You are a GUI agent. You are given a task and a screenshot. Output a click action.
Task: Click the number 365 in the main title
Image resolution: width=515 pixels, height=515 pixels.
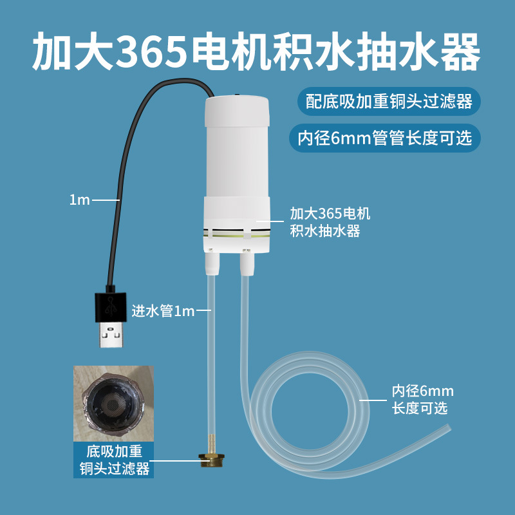(151, 51)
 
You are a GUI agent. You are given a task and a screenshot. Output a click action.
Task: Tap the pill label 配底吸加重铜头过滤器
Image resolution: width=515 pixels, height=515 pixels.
(389, 101)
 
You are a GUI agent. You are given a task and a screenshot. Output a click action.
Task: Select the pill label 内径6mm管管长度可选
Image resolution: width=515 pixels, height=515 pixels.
(384, 138)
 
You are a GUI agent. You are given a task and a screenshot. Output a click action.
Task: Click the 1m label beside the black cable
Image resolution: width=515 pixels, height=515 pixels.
(79, 200)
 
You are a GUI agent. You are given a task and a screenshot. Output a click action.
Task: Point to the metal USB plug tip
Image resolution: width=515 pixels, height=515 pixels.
(111, 335)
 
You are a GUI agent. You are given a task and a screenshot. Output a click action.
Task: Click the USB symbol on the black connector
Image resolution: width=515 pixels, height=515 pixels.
(111, 306)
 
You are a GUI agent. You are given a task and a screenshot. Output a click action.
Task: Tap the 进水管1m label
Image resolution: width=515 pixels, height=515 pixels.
(164, 311)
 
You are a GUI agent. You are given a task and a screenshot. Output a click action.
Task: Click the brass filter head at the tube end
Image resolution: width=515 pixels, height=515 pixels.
(212, 461)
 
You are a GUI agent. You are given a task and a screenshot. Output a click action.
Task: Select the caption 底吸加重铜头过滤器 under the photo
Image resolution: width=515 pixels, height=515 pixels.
(114, 460)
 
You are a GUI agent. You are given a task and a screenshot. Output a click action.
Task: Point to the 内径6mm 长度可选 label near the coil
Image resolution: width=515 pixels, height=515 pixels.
(422, 400)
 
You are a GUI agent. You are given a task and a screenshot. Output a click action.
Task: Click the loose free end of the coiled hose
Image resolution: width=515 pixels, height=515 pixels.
(448, 429)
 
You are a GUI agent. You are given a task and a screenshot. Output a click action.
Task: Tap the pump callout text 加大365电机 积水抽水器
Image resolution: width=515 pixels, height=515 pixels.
(330, 222)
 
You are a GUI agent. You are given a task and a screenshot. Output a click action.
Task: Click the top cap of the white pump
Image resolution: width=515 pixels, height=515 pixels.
(237, 111)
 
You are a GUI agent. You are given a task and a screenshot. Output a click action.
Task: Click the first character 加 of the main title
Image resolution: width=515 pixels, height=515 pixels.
(53, 51)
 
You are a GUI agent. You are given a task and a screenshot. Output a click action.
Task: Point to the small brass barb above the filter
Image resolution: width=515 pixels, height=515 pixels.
(212, 444)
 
